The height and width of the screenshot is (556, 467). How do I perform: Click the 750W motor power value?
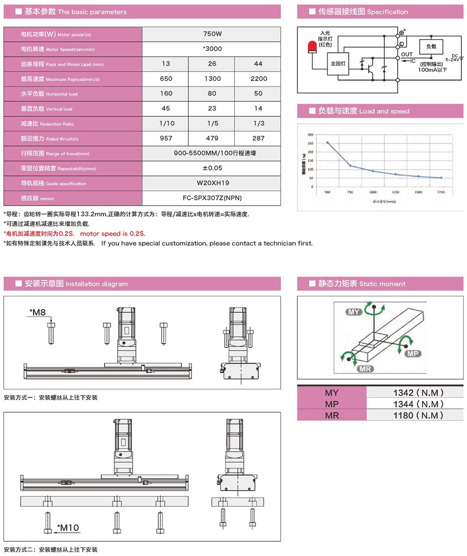point(212,34)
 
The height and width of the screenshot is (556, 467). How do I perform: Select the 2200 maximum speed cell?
point(258,79)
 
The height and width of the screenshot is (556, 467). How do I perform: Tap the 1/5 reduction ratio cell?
point(212,124)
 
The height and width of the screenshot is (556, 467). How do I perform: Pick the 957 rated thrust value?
point(166,138)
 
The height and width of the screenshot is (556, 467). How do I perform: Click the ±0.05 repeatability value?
point(212,168)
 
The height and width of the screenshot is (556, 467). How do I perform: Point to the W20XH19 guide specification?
point(212,183)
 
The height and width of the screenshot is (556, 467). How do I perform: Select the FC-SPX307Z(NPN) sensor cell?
point(212,198)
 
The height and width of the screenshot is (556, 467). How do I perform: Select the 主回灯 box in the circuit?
point(337,63)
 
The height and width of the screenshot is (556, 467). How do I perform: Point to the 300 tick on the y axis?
point(311,134)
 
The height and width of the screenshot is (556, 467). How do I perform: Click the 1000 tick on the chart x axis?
point(373,192)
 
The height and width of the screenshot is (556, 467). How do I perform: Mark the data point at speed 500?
point(327,142)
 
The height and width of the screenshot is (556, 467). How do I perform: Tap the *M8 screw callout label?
point(37,312)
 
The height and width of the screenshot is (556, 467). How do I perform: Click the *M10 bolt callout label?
point(68,528)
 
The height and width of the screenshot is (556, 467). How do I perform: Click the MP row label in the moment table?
point(332,404)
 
